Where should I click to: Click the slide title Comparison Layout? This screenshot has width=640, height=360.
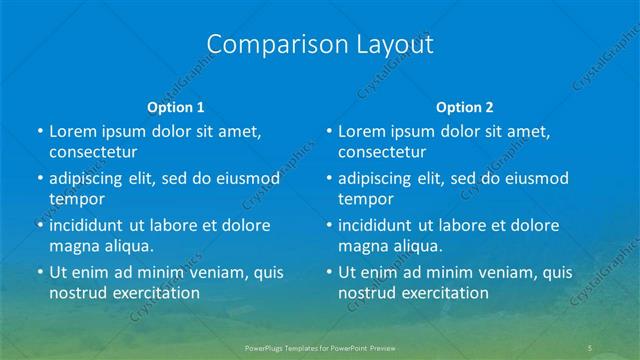pos(320,44)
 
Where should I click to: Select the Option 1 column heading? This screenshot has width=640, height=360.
pos(176,106)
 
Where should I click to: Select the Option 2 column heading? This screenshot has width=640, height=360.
pos(465,106)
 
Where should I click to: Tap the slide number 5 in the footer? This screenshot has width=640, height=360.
pos(591,346)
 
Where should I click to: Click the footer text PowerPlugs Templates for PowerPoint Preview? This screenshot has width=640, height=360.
pos(320,346)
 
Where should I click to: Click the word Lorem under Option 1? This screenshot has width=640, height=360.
pos(73,131)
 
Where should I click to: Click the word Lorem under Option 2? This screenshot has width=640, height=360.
pos(362,131)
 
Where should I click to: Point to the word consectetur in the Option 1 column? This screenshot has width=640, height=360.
pos(93,152)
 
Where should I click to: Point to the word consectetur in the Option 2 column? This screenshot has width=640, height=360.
pos(382,152)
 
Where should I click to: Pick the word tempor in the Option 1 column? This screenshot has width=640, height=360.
pos(76,199)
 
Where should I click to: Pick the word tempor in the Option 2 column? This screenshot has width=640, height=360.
pos(365,199)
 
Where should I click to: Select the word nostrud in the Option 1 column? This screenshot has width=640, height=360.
pos(77,293)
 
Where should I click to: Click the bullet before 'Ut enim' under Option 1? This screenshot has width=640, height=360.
pos(39,272)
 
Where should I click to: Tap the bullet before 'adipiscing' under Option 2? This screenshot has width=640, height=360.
pos(328,179)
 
